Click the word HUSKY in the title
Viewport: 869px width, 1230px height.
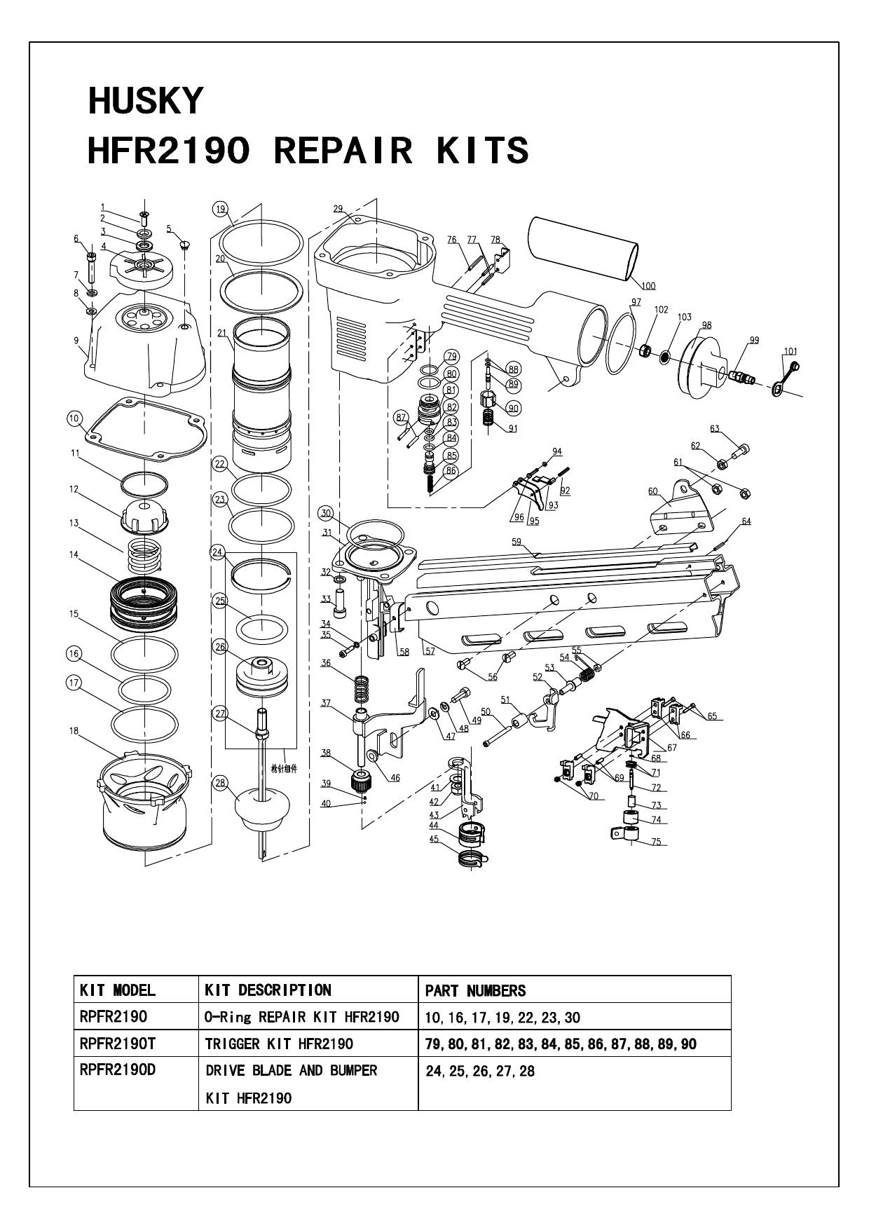(x=145, y=102)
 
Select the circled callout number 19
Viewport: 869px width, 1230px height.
(x=221, y=208)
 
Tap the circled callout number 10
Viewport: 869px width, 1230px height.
(x=74, y=418)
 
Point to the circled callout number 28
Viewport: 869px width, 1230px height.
(x=221, y=783)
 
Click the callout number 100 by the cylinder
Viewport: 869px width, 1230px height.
(x=648, y=285)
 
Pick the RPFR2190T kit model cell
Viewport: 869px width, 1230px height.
(x=118, y=1044)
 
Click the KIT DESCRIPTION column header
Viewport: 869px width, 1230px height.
(x=268, y=990)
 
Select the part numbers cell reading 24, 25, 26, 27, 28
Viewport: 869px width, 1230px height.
(x=480, y=1072)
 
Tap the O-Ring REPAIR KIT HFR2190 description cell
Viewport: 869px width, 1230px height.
(x=302, y=1017)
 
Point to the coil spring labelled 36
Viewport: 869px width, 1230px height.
(x=362, y=688)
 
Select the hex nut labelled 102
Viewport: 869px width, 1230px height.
(x=647, y=349)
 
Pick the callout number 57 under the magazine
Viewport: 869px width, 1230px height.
(x=430, y=651)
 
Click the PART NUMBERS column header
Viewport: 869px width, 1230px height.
(x=475, y=990)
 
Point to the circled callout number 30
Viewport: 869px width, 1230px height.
(x=325, y=513)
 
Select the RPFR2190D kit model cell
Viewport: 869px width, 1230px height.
(x=118, y=1070)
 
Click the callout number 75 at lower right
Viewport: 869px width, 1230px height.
(x=655, y=842)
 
